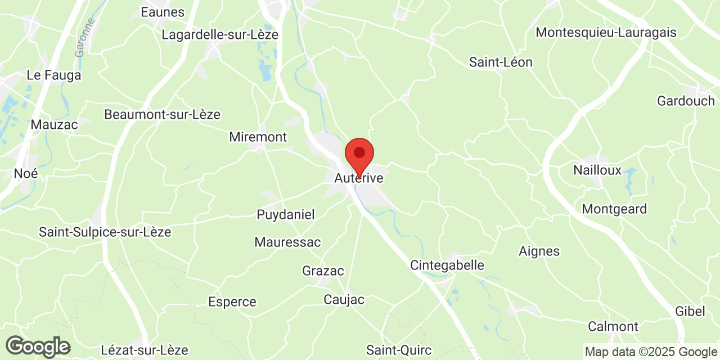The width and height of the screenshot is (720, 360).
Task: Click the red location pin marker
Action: click(359, 154)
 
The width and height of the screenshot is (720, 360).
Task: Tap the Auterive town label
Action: click(359, 178)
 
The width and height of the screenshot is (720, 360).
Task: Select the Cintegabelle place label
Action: click(447, 265)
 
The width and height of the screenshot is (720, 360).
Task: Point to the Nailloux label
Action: click(597, 170)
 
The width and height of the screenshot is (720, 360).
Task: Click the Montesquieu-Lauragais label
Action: click(606, 32)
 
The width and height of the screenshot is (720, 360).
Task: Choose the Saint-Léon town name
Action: click(501, 62)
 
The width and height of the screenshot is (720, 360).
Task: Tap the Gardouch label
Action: click(686, 101)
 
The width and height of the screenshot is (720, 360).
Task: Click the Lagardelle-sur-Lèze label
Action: click(220, 35)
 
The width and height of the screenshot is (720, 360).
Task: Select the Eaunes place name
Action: click(163, 12)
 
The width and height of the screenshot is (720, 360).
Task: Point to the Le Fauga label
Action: click(54, 75)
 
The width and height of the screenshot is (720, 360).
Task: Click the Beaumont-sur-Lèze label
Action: click(162, 114)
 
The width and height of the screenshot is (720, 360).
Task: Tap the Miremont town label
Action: click(258, 137)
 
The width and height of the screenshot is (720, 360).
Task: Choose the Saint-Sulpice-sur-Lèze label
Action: click(105, 232)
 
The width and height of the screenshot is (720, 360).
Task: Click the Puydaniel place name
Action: click(286, 214)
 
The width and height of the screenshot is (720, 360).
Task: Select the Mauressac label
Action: click(287, 242)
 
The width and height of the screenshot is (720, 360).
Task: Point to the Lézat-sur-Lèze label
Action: click(145, 350)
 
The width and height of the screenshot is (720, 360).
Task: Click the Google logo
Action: click(38, 346)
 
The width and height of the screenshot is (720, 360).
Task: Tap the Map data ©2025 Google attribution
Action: click(650, 352)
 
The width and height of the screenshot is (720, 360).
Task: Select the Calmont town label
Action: click(613, 326)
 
